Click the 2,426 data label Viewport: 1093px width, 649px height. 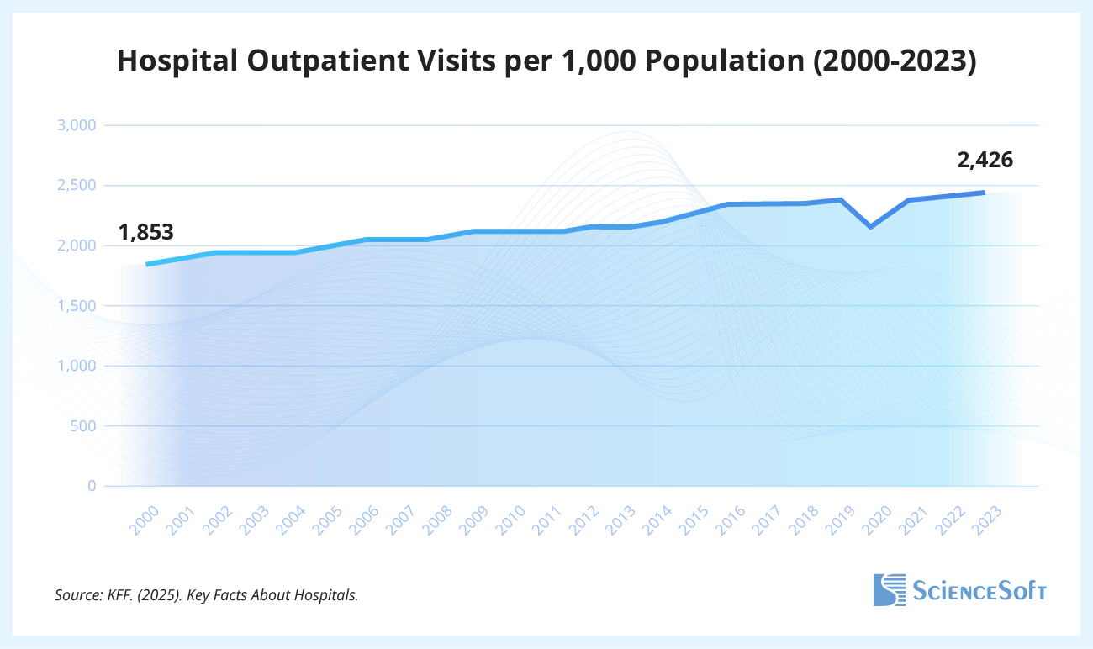(985, 160)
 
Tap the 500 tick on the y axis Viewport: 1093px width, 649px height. (85, 426)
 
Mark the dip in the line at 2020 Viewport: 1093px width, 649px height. (871, 227)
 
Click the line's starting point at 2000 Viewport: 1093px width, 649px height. (148, 265)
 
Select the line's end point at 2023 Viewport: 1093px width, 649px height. (984, 193)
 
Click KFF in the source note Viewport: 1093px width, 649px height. (115, 595)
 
